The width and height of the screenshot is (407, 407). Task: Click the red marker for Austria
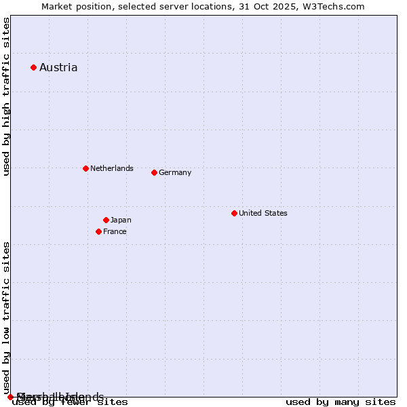click(x=33, y=67)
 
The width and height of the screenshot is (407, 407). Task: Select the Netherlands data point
click(x=85, y=168)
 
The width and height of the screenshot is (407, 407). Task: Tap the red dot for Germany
click(x=154, y=172)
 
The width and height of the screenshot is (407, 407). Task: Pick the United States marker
click(x=234, y=213)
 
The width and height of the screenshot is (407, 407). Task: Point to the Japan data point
click(x=106, y=220)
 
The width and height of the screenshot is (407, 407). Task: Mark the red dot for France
click(x=98, y=231)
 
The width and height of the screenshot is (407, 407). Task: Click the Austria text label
click(x=58, y=67)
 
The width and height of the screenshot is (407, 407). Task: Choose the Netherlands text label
click(x=112, y=168)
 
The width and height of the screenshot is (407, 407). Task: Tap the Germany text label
click(x=175, y=172)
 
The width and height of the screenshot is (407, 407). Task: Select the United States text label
click(x=263, y=213)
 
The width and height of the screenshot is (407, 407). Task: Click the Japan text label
click(x=121, y=220)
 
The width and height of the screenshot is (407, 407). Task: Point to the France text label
click(x=115, y=231)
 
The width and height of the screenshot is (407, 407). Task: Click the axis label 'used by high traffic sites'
click(x=6, y=97)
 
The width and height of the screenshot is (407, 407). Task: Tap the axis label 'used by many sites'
click(x=341, y=402)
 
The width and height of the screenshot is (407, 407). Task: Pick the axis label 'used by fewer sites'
click(x=71, y=402)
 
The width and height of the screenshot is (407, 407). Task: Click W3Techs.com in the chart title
click(x=334, y=6)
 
